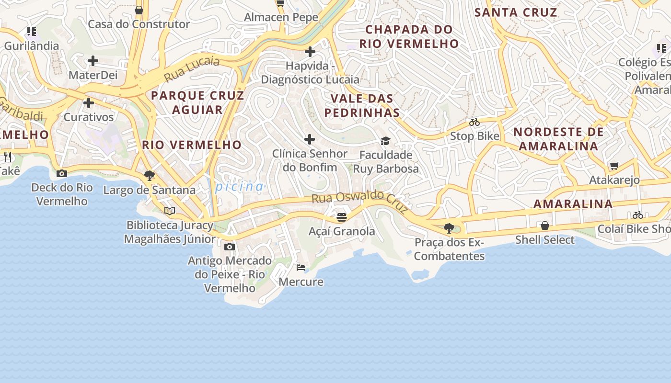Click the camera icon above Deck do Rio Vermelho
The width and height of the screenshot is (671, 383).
(x=62, y=174)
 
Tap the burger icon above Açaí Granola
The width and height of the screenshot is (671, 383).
(x=341, y=217)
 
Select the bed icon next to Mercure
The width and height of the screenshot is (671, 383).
(x=301, y=267)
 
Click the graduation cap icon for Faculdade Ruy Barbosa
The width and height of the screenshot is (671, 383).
(x=385, y=141)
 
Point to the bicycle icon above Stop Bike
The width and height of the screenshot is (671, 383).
(x=474, y=123)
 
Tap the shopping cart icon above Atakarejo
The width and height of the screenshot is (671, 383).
(x=614, y=166)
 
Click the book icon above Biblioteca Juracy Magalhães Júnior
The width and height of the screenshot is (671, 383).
(x=170, y=211)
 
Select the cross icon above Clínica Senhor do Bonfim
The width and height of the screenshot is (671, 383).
(x=310, y=139)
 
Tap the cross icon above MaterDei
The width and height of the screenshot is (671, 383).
(x=93, y=61)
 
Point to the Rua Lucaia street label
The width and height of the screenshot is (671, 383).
(x=192, y=68)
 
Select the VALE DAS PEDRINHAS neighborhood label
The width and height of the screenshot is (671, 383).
(x=362, y=106)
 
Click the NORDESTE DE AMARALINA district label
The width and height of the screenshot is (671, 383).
(x=558, y=139)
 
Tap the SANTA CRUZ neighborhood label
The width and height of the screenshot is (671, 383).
(x=516, y=12)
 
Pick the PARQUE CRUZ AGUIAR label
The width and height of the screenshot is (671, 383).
(x=197, y=102)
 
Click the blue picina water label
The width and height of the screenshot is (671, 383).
(x=239, y=187)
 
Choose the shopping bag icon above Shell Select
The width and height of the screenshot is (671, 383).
(x=544, y=225)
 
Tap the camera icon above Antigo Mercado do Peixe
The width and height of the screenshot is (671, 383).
(x=230, y=247)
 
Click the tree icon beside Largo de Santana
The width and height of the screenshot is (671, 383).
(x=149, y=175)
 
